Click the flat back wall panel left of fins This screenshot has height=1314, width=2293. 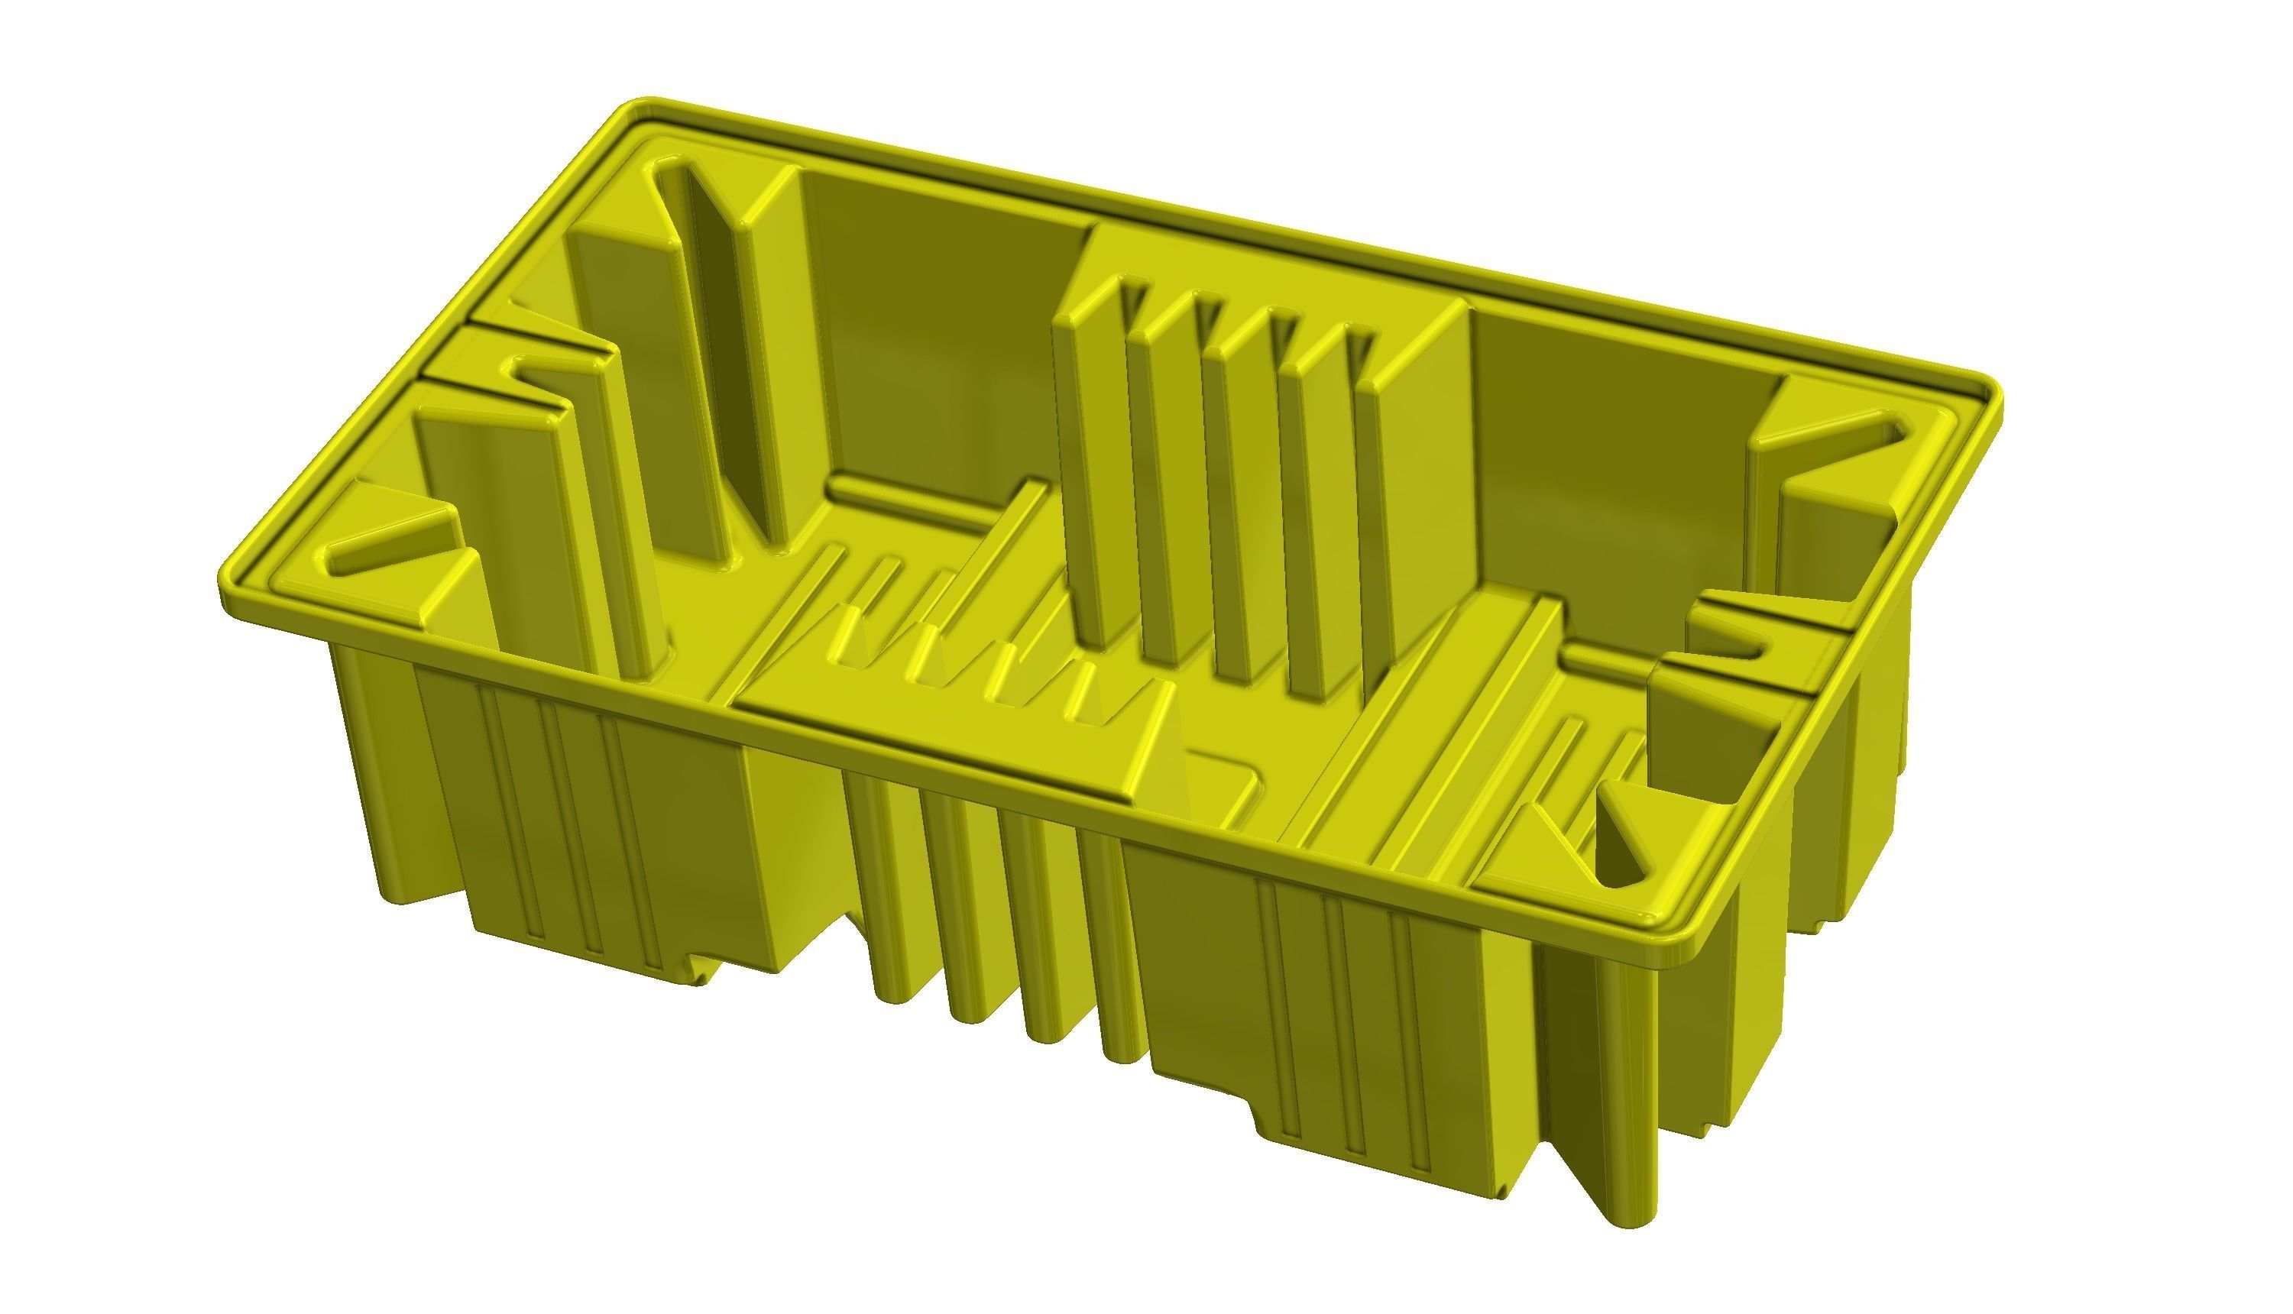pyautogui.click(x=938, y=343)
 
